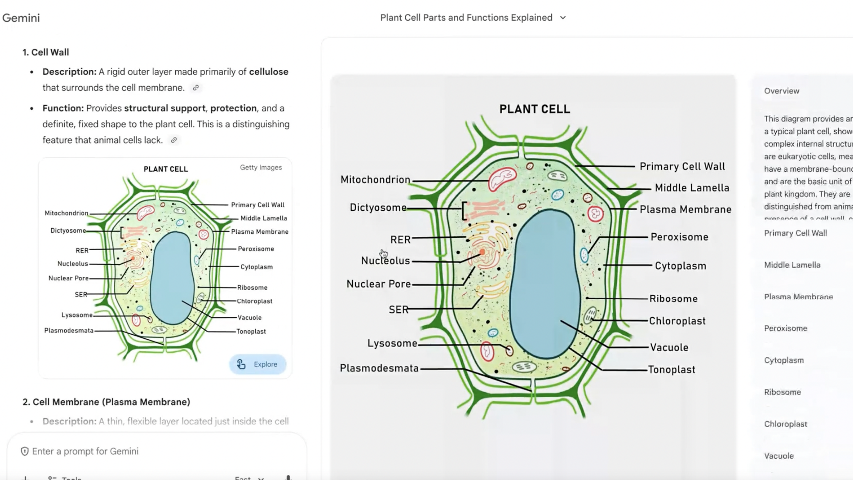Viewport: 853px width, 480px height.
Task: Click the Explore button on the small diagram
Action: coord(258,364)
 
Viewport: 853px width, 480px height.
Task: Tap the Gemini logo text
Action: coord(21,18)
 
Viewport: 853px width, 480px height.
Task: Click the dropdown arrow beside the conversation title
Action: coord(563,18)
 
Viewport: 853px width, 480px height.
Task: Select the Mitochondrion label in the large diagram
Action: coord(375,179)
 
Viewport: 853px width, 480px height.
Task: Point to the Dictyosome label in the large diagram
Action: coord(378,207)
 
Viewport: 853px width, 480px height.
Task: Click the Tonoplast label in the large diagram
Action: coord(671,370)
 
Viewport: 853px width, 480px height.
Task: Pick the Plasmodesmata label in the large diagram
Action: coord(379,368)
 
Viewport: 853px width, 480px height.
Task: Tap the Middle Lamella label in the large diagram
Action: coord(692,188)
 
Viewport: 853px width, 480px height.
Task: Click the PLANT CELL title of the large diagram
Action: coord(535,109)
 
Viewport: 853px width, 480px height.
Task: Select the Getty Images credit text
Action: coord(261,167)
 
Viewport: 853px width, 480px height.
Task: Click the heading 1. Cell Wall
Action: coord(46,52)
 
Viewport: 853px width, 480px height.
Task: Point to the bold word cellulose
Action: coord(269,72)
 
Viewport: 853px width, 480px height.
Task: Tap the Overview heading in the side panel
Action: coord(781,91)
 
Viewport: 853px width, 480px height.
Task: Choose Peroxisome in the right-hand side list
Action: coord(785,328)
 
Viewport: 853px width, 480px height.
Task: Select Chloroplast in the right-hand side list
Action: coord(785,424)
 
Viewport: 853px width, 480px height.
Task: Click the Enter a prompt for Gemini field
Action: coord(85,451)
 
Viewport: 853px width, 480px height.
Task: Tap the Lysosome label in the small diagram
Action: coord(77,315)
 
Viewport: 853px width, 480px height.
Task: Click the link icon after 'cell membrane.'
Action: coord(196,88)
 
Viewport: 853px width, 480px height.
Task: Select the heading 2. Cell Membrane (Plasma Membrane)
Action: coord(106,402)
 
